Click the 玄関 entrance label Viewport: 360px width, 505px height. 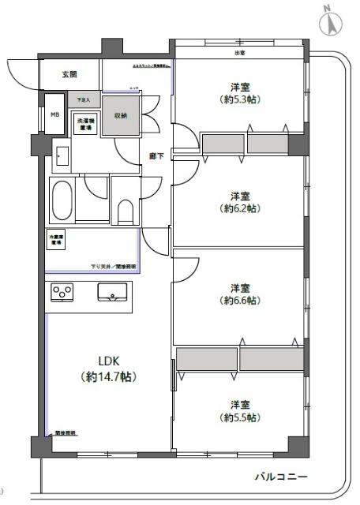69,75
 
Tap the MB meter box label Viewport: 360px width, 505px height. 54,113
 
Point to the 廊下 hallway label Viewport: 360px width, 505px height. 156,156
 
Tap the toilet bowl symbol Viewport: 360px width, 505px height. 124,210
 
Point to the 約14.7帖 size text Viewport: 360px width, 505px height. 107,378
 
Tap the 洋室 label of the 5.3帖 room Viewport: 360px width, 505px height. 241,87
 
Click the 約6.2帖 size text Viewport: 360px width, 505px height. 241,208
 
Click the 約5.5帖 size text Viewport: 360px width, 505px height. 241,417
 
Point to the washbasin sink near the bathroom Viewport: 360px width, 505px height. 62,158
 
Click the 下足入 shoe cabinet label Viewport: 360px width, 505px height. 83,100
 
